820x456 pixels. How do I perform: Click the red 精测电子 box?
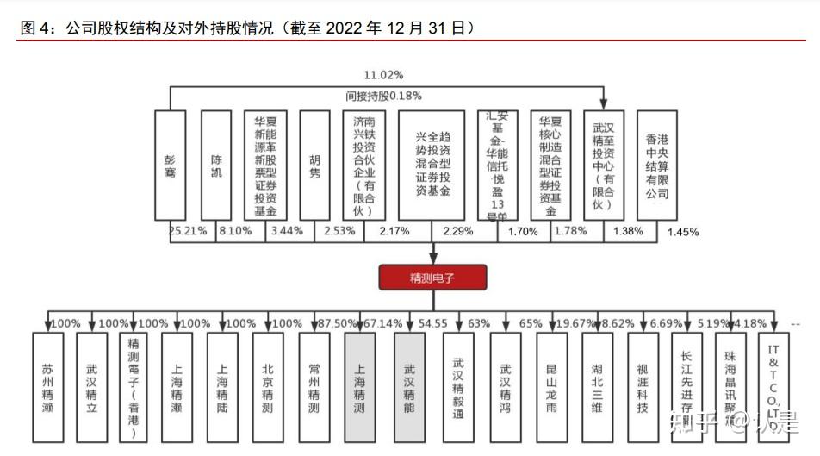[432, 277]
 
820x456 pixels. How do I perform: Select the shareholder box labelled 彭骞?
[170, 165]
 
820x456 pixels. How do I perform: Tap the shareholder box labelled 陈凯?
[216, 165]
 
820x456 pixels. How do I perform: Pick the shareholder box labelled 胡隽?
[314, 165]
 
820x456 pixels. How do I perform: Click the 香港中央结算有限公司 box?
[657, 165]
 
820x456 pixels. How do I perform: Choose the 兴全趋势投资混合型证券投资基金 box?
[432, 165]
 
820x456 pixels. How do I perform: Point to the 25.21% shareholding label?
[188, 232]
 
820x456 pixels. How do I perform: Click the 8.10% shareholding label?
[235, 232]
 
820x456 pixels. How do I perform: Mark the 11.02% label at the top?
[383, 76]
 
